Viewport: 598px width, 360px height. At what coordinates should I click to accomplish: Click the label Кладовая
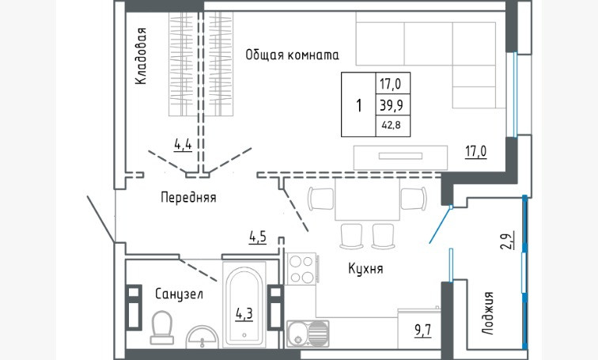click(141, 56)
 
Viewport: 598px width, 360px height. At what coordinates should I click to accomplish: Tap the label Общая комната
click(292, 55)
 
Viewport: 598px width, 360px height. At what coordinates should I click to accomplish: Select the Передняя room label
click(187, 197)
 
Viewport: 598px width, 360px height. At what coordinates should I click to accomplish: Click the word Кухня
click(365, 269)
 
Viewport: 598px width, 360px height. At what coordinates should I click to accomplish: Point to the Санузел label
click(179, 294)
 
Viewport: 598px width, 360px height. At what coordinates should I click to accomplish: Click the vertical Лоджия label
click(488, 313)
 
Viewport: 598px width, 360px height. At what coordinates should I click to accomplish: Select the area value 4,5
click(257, 237)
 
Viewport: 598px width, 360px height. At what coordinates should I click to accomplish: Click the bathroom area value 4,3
click(244, 313)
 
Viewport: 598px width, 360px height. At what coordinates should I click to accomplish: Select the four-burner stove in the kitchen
click(301, 268)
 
